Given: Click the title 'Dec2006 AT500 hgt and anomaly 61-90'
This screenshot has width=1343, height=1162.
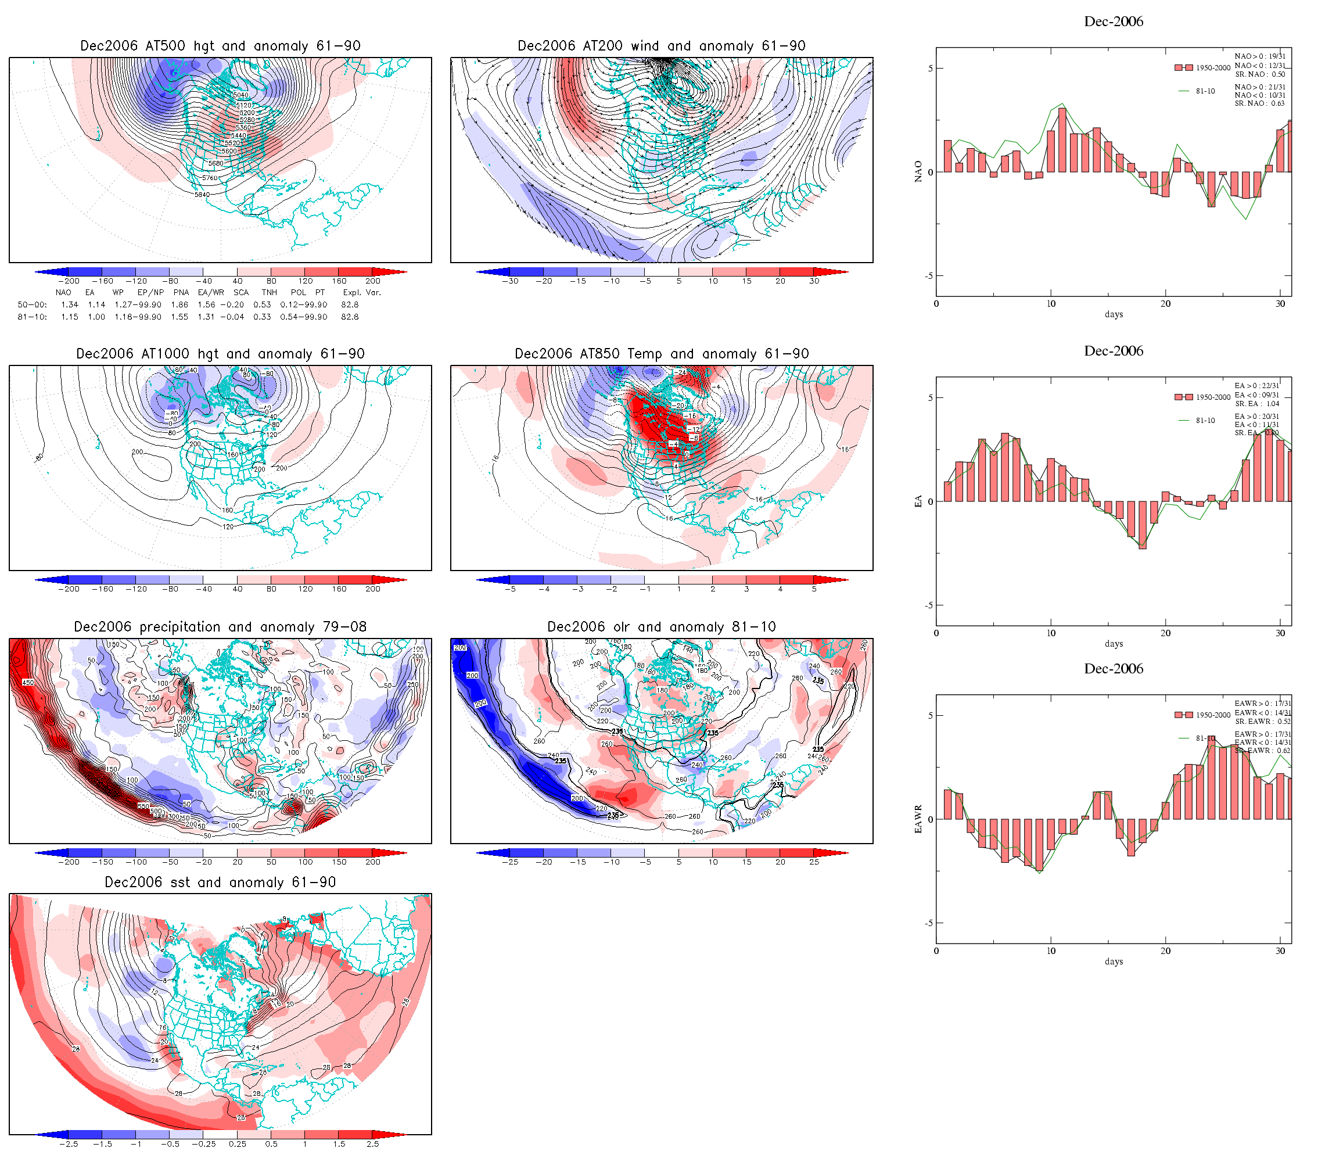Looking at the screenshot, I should pos(220,46).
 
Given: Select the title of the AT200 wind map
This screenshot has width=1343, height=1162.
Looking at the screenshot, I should pos(661,46).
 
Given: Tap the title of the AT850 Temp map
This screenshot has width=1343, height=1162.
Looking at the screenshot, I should pos(662,354).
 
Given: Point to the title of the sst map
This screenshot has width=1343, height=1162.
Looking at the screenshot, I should pos(220,883).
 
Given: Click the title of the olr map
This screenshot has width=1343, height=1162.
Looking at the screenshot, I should pos(662,627).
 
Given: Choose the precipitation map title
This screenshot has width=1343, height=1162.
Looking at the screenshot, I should pos(220,627).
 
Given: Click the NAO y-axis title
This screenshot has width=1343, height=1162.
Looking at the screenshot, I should pos(918,172).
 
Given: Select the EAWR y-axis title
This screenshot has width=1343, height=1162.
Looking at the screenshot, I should pos(918,819).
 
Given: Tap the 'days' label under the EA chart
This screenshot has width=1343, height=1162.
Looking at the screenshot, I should pos(1114,644).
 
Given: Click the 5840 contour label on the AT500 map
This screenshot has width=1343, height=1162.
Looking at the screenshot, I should pos(202,195).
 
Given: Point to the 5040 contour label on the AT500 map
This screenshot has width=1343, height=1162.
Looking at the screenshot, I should pos(241,95).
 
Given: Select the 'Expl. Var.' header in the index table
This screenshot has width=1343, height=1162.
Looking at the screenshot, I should pos(362,292).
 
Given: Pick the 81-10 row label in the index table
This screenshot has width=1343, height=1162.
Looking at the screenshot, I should pos(33,317).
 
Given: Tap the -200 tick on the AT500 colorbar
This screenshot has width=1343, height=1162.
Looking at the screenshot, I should pos(68,281).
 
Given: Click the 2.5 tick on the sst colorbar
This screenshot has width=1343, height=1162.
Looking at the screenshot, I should pos(373,1144).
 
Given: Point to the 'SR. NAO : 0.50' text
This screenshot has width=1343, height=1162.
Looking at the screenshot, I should pos(1259,74).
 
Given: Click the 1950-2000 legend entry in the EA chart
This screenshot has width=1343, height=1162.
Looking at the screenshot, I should pos(1212,397).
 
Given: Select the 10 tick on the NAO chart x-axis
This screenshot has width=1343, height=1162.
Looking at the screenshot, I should pos(1051,304).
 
